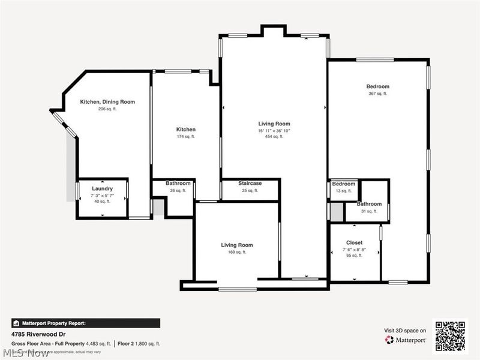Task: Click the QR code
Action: coord(451,336)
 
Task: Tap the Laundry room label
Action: coord(102,188)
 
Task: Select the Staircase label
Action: coord(250,183)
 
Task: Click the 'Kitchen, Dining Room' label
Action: coord(107,102)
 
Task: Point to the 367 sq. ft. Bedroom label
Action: coord(378,86)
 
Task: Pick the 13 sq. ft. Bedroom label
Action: coord(344,184)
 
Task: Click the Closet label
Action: coord(354,242)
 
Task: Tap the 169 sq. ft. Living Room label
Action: coord(237,245)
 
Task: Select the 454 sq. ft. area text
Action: coord(274,137)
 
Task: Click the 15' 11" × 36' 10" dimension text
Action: coord(274,131)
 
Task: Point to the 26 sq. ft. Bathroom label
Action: coord(178,183)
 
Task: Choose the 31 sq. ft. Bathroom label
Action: coord(369,204)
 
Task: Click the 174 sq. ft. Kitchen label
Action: coord(185,130)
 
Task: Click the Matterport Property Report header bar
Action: coord(85,322)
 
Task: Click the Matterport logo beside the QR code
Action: coord(406,340)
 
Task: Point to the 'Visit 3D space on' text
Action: coord(405,330)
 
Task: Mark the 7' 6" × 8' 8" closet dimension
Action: coord(354,249)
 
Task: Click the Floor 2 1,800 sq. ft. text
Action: coord(138,344)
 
